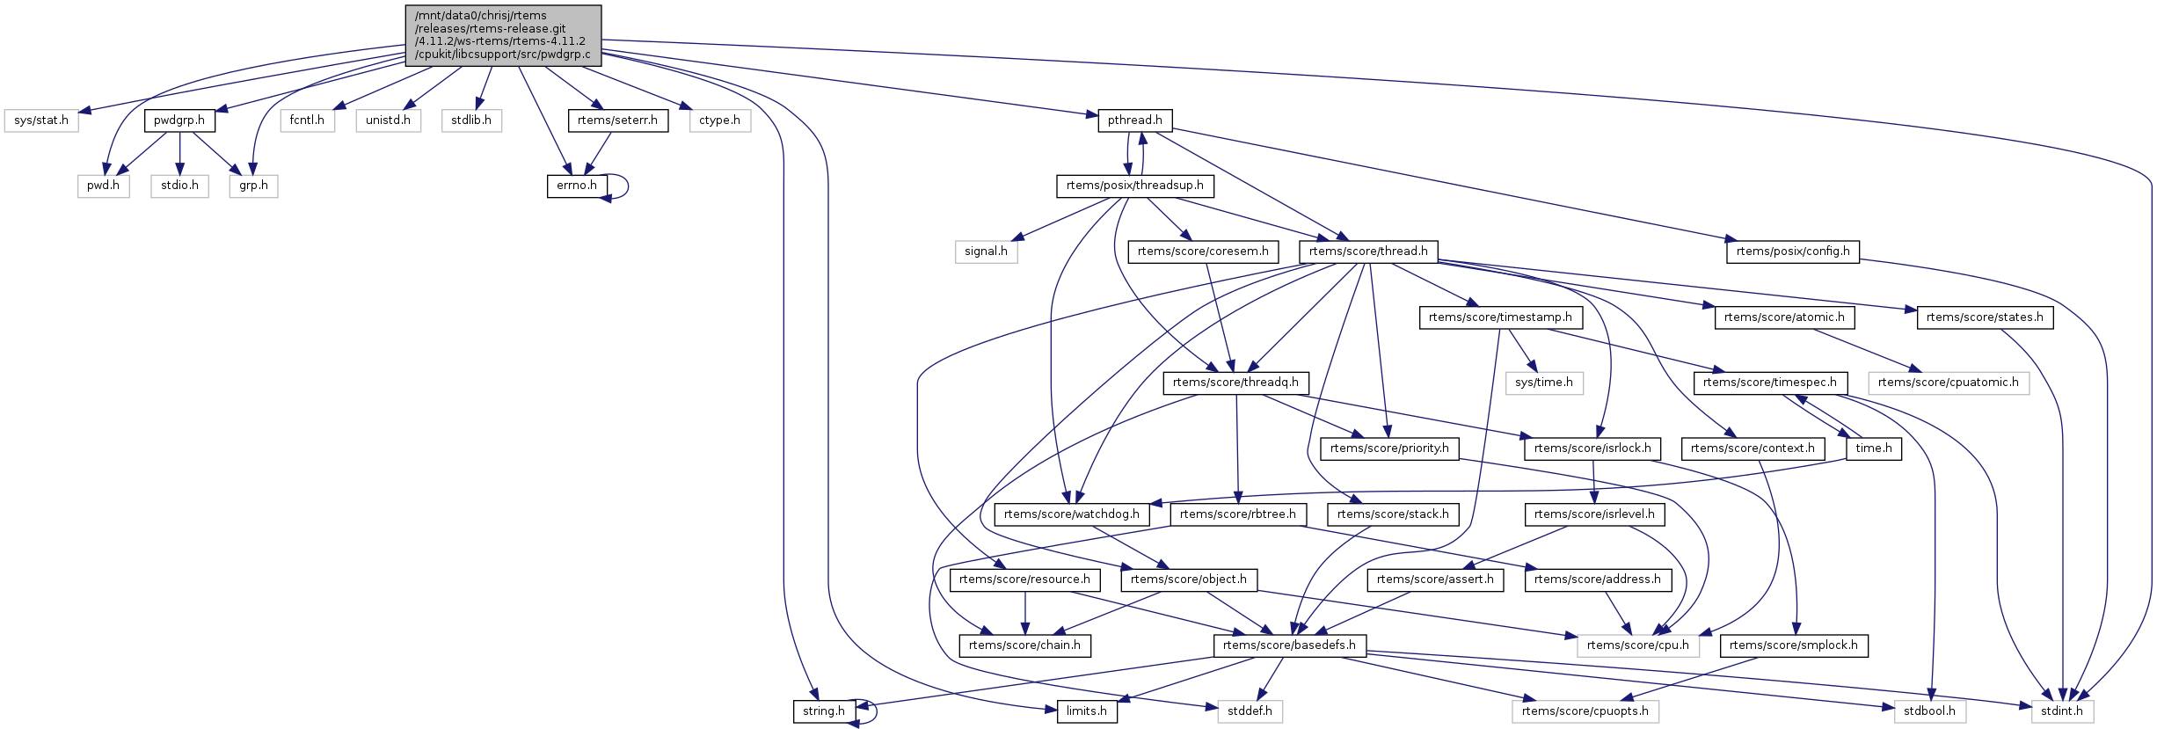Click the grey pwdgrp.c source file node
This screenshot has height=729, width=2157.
(503, 35)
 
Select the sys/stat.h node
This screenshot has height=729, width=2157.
(41, 120)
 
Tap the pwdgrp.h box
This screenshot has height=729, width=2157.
(179, 120)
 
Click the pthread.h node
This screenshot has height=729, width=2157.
(1134, 120)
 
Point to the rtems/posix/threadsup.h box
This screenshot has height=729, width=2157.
(1134, 186)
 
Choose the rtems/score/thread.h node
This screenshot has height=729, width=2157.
(1367, 252)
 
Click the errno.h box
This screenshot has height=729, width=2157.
(576, 186)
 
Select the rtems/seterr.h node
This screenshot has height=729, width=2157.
(617, 120)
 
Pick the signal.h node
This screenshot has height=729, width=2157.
(986, 252)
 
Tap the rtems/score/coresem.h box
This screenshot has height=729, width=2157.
(1202, 252)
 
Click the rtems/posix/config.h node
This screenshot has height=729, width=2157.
(1793, 252)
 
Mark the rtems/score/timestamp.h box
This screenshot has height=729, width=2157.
(1500, 317)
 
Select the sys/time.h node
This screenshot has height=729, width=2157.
(1543, 383)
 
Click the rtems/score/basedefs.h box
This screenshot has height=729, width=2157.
(1289, 645)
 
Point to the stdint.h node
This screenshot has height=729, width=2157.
(2061, 711)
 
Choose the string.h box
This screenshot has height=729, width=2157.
(823, 711)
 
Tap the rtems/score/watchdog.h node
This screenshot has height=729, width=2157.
(1071, 514)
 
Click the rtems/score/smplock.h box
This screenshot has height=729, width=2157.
(1793, 645)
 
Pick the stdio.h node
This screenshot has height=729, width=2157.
(179, 186)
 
